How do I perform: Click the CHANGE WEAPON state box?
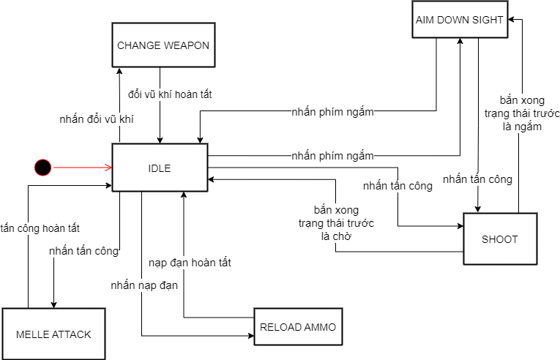[x=163, y=45]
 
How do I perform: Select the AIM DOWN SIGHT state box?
[x=459, y=20]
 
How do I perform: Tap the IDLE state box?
[x=160, y=168]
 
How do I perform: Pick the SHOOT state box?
[x=500, y=239]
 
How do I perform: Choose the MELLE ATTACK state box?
[x=53, y=334]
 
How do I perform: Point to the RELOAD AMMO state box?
[x=298, y=327]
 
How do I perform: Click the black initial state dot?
[x=43, y=168]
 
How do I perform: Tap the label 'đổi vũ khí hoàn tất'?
[x=171, y=94]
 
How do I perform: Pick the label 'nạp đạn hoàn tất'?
[x=190, y=262]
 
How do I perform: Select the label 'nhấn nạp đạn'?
[x=145, y=285]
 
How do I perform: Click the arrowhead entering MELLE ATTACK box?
[x=53, y=304]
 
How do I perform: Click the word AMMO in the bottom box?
[x=320, y=327]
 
